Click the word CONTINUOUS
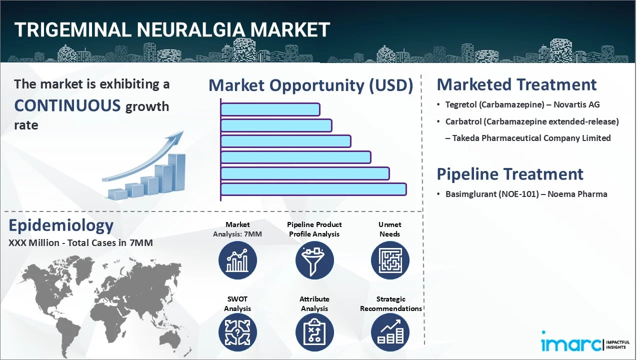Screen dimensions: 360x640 tap(67, 105)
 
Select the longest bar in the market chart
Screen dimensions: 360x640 tap(313, 189)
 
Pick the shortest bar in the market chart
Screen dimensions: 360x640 tap(270, 109)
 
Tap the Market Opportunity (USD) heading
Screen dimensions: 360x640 tap(310, 85)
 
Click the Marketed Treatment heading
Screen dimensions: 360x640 tap(516, 84)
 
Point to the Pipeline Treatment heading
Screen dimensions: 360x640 tap(509, 174)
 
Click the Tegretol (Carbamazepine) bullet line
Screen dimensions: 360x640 tap(522, 105)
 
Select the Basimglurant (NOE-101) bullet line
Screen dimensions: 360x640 tap(526, 194)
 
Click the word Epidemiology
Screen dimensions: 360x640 tap(61, 225)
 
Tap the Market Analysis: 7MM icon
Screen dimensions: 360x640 tap(237, 260)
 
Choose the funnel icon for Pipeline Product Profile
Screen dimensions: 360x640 tap(314, 260)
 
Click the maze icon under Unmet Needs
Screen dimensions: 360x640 tap(390, 260)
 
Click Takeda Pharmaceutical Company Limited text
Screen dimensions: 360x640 tap(531, 138)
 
